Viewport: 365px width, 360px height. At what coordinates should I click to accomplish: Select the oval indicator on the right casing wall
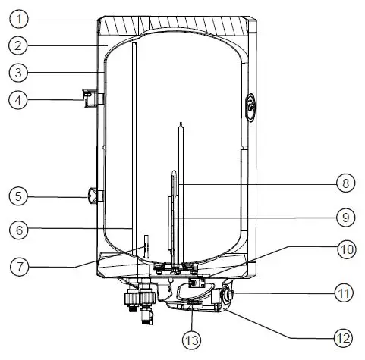coord(252,105)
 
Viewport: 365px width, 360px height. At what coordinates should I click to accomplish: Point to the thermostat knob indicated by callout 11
coord(227,292)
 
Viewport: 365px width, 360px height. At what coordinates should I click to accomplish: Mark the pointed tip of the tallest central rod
coord(179,123)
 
